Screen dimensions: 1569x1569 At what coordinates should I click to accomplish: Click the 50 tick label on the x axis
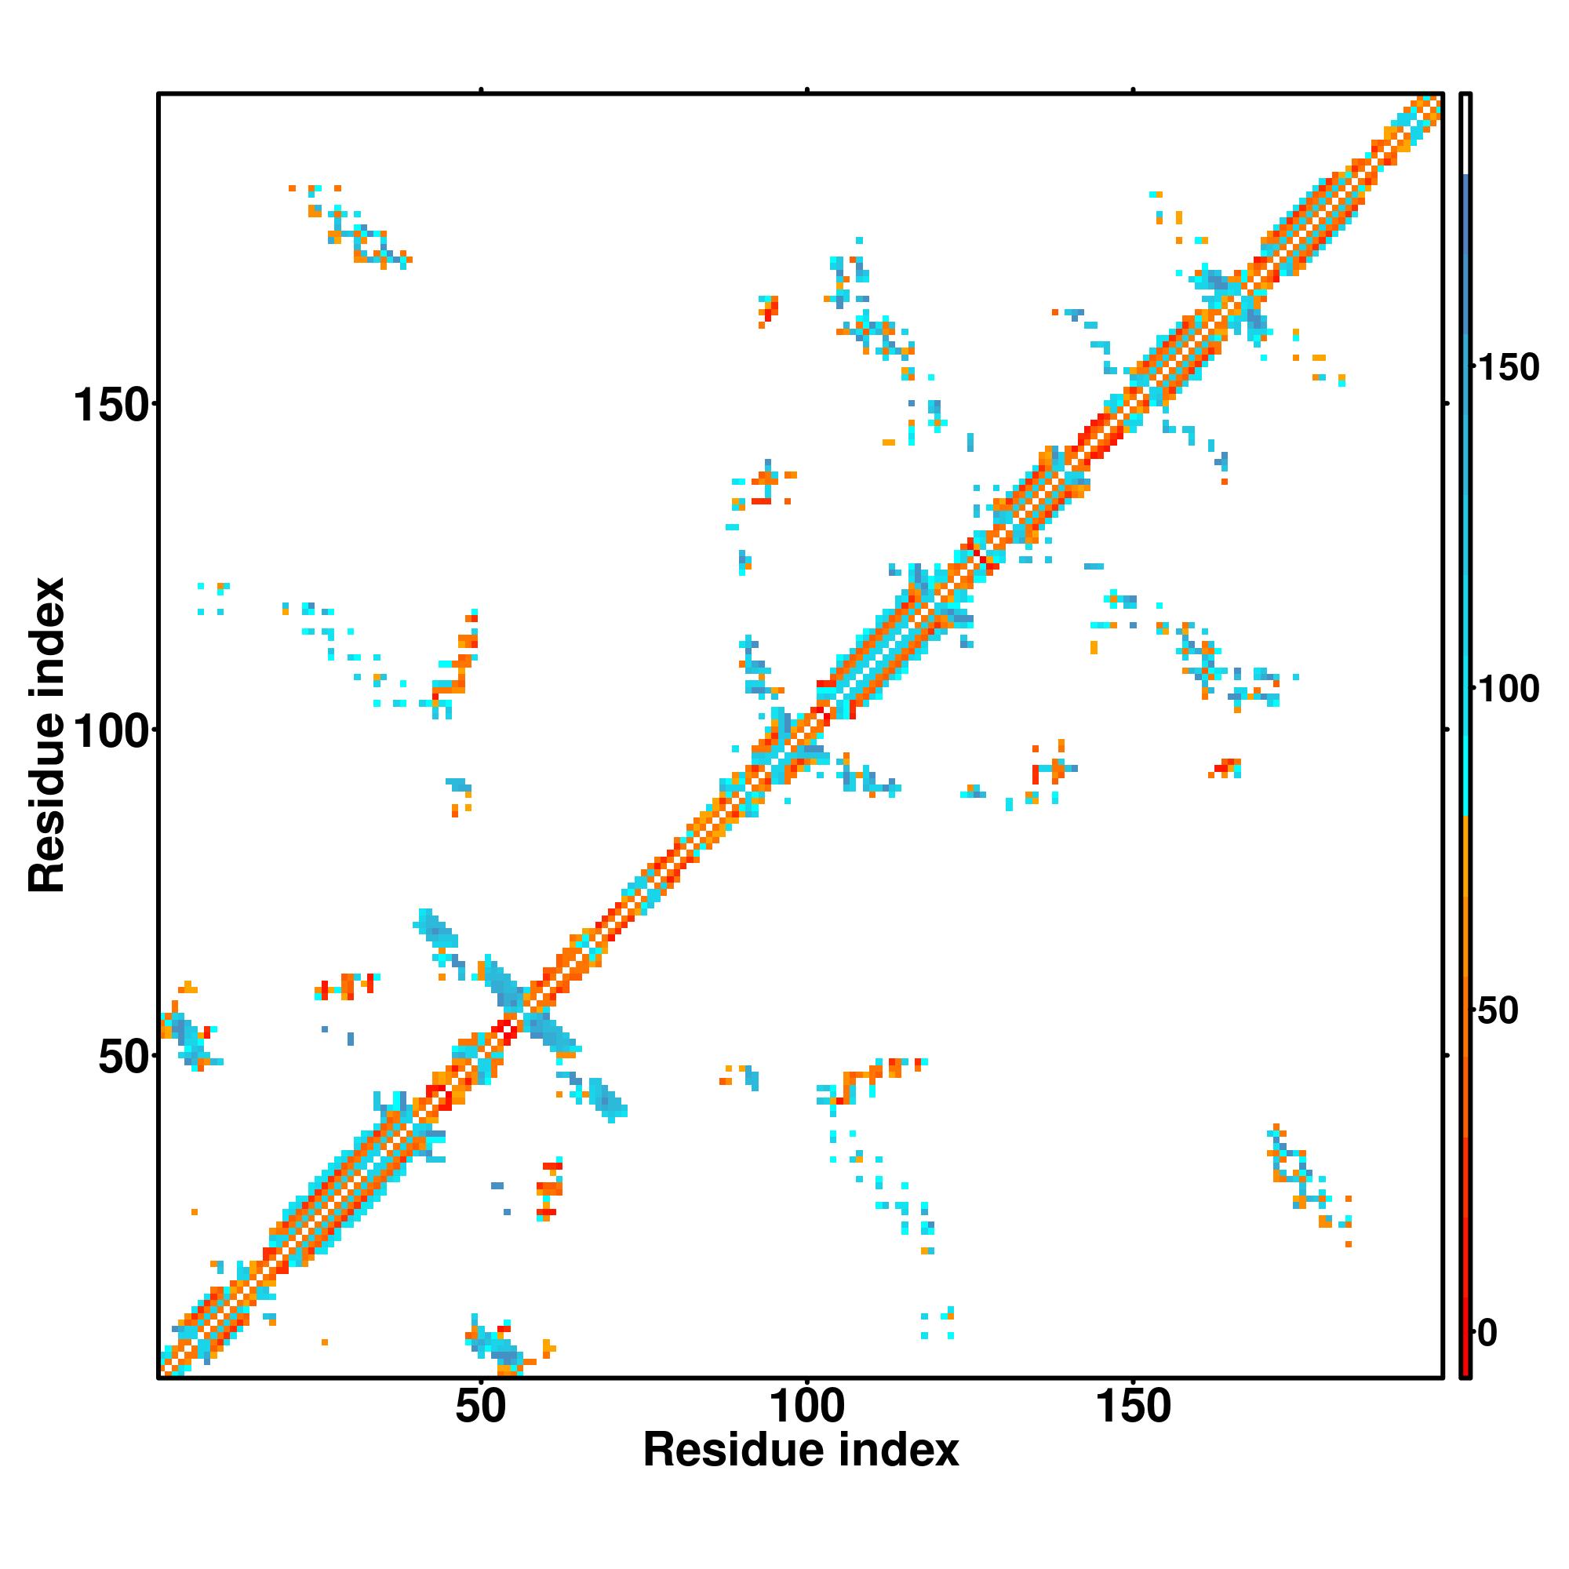480,1406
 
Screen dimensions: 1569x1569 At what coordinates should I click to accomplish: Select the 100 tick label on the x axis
806,1406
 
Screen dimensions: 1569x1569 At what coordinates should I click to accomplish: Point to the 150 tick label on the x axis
1133,1406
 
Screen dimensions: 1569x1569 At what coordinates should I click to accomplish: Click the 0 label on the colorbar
1487,1333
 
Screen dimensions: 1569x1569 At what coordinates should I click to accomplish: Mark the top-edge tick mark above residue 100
807,89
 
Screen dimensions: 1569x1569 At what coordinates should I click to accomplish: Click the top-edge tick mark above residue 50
481,89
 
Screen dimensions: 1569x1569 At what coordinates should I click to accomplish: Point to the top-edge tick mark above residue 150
1133,89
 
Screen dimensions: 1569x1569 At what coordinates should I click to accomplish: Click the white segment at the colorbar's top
1465,134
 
